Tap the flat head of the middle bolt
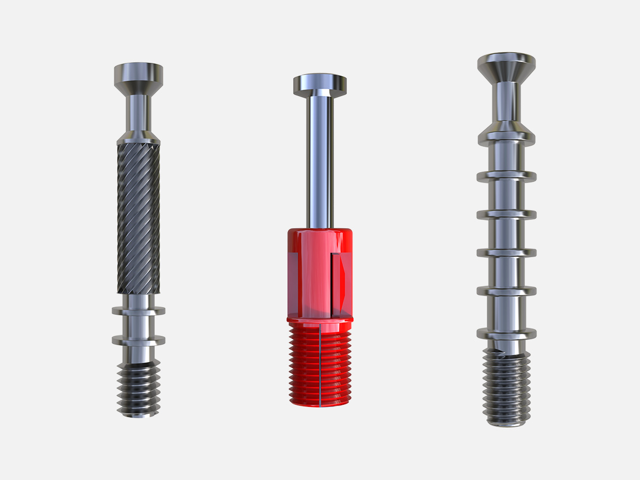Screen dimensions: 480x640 tap(319, 83)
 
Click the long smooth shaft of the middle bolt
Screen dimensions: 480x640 tap(319, 160)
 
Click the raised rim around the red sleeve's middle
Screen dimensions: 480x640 tap(319, 319)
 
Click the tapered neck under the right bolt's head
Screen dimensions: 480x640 tap(506, 101)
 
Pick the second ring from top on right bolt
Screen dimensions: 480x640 tap(506, 175)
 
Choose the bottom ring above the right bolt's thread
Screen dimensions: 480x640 tap(506, 334)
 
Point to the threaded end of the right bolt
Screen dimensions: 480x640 tap(506, 389)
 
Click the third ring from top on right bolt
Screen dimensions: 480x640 tap(506, 214)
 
